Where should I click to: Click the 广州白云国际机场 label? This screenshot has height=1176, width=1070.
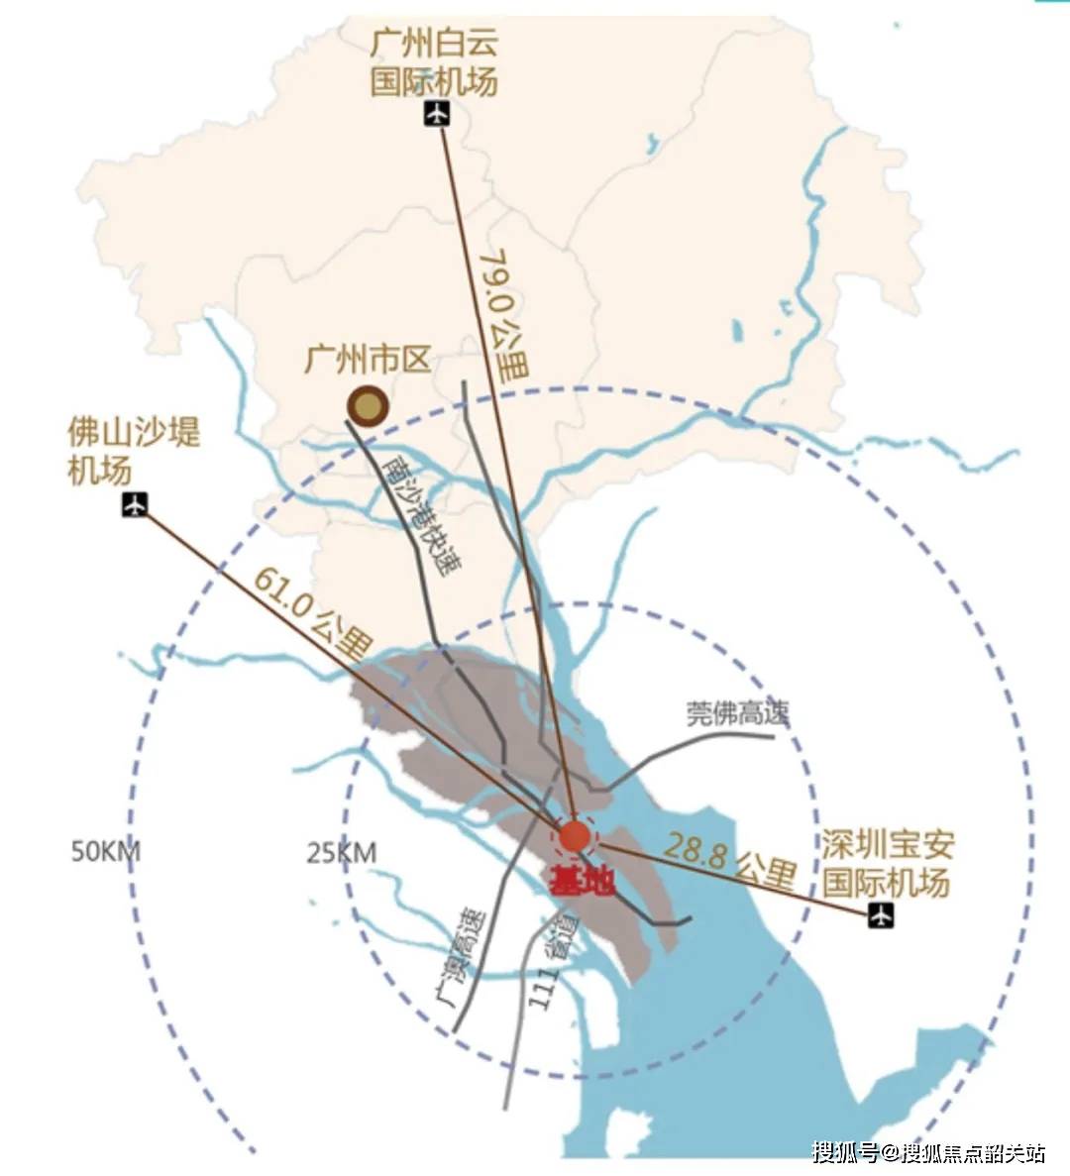[x=434, y=62]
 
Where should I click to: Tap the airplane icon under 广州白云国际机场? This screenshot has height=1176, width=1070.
[x=437, y=114]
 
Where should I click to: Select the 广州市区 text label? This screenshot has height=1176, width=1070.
[x=368, y=359]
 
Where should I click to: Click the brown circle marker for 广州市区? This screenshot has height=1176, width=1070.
[x=368, y=405]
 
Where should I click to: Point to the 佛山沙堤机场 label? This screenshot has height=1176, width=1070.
[x=133, y=451]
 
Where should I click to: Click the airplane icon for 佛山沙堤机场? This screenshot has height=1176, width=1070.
[x=135, y=505]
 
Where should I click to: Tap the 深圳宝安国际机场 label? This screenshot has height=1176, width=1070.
[x=887, y=863]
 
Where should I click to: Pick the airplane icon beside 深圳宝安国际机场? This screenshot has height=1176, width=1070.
[x=880, y=916]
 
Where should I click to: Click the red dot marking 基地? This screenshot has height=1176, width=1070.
[x=575, y=836]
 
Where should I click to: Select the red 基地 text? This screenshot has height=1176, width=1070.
[x=582, y=881]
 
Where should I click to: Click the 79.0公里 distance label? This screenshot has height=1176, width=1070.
[x=502, y=316]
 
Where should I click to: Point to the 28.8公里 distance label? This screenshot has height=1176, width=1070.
[x=730, y=859]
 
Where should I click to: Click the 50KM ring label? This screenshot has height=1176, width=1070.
[x=105, y=852]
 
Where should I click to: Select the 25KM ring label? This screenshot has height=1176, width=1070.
[x=342, y=852]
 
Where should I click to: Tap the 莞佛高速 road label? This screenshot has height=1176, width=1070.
[x=737, y=713]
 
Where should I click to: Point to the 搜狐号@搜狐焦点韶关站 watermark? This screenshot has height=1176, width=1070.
[x=928, y=1152]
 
